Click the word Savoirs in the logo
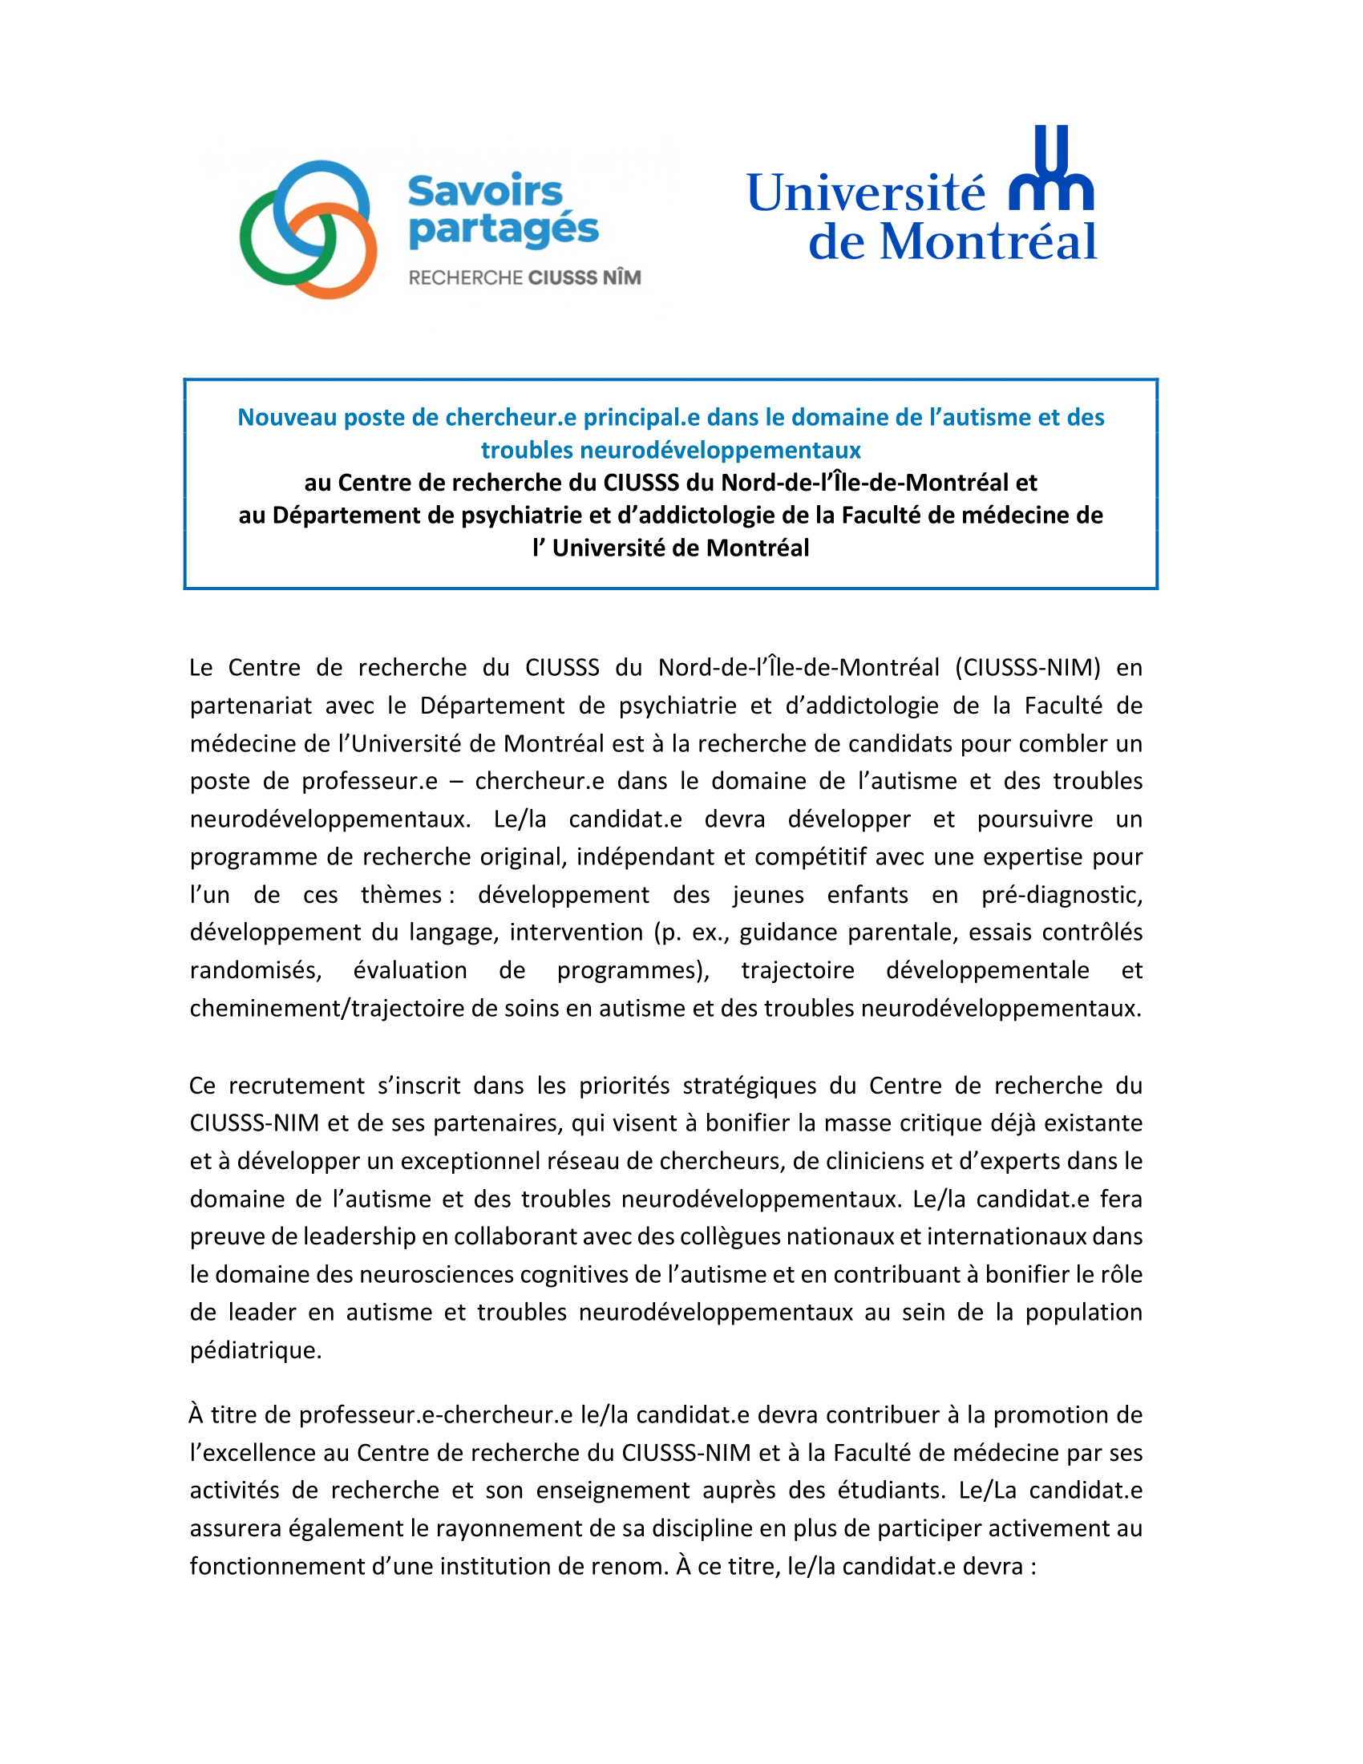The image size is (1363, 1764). (x=484, y=192)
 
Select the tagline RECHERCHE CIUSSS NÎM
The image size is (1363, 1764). (x=525, y=278)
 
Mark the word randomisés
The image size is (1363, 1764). (x=255, y=969)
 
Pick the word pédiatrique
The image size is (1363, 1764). (x=255, y=1349)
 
